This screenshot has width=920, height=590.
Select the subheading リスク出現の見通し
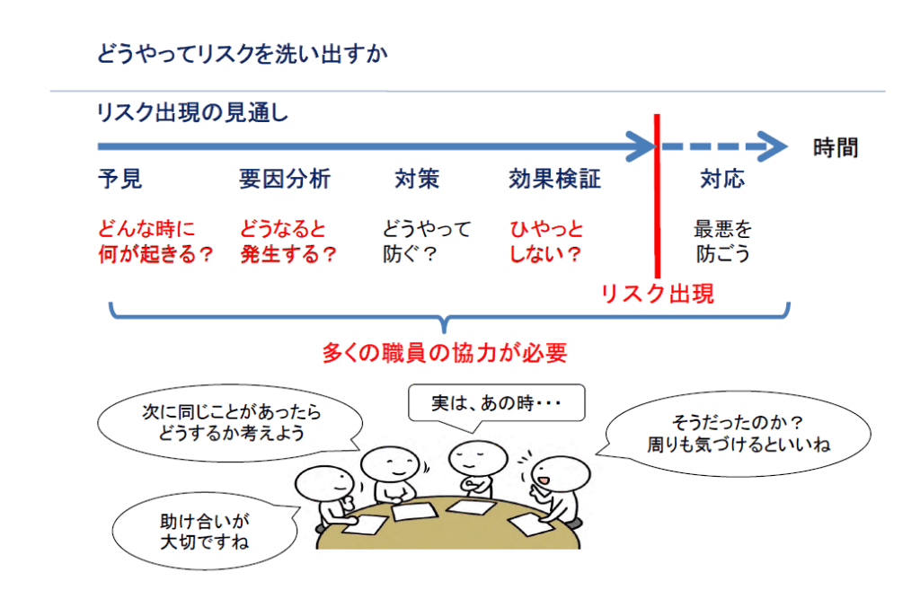(192, 114)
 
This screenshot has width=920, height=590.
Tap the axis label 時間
(835, 147)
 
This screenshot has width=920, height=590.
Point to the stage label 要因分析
(285, 180)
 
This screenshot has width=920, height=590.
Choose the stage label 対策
(417, 180)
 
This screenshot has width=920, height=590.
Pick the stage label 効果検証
(554, 180)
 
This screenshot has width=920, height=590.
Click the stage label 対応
(722, 180)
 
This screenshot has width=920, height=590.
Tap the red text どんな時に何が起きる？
(155, 242)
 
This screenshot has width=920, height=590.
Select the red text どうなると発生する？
(287, 242)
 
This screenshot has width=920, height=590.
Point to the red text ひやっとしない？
(546, 242)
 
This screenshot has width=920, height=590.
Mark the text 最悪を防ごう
(723, 242)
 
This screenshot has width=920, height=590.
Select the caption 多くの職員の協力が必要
(445, 353)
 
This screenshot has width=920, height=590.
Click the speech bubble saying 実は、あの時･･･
(496, 403)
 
